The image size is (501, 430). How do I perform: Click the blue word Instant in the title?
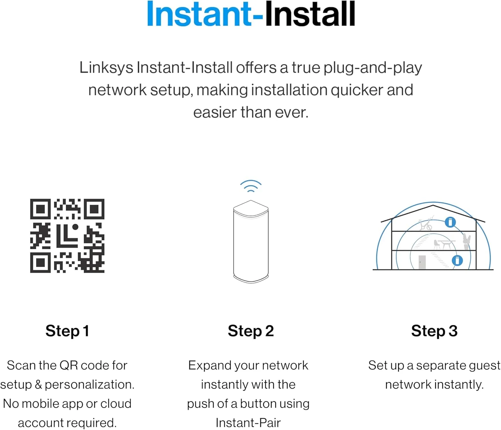click(x=199, y=14)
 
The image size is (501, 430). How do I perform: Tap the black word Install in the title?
click(x=310, y=14)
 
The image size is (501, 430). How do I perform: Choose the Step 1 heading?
click(x=67, y=331)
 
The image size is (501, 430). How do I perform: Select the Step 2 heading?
click(x=251, y=331)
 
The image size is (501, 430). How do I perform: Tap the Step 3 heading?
click(x=434, y=331)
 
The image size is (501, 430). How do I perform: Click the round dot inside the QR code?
click(x=75, y=227)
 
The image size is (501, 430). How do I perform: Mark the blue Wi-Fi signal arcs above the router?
click(x=251, y=186)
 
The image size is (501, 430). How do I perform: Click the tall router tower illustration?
click(x=251, y=242)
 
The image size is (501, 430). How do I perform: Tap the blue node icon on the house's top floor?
click(x=450, y=222)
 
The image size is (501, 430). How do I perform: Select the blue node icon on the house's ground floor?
click(x=457, y=261)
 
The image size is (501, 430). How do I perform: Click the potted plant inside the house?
click(x=466, y=242)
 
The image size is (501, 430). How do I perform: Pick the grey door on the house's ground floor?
click(x=422, y=262)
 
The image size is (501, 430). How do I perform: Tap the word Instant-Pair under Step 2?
click(x=248, y=423)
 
